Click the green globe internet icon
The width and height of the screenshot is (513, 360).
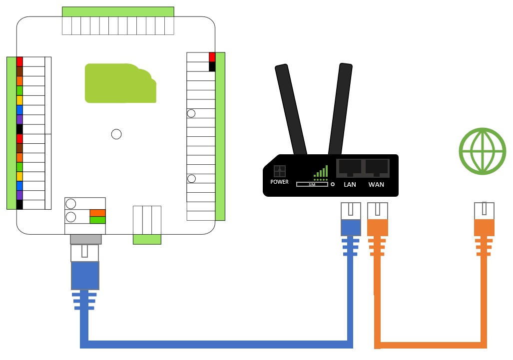[483, 151]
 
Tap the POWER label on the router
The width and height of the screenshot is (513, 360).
[279, 182]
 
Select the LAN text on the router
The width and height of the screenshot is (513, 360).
[350, 185]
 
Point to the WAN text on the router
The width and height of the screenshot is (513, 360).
[376, 185]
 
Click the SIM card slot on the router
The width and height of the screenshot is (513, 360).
[312, 185]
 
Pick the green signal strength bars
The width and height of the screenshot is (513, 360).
[321, 172]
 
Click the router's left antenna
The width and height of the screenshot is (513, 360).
[291, 109]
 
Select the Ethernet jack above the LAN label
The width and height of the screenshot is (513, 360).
[350, 167]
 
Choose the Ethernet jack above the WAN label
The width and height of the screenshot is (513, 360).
[377, 167]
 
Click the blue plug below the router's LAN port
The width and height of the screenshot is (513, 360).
[350, 227]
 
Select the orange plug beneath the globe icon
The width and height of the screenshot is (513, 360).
[484, 227]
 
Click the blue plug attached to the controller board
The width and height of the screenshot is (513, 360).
[85, 276]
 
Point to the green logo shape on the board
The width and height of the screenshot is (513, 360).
[120, 83]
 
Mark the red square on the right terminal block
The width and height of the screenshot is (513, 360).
[212, 57]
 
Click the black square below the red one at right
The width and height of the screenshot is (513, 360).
[212, 66]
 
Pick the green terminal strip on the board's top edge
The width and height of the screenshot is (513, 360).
[118, 12]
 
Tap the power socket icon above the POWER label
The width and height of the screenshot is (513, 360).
[279, 171]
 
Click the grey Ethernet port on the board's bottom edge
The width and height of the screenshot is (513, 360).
[85, 239]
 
